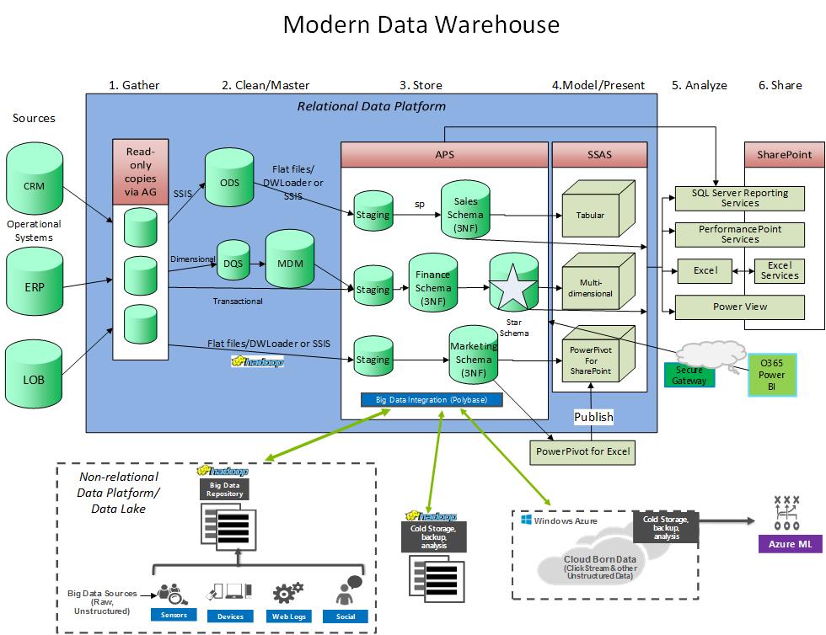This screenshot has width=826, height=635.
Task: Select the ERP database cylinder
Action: point(35,284)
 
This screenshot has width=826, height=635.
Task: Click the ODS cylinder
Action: point(228,182)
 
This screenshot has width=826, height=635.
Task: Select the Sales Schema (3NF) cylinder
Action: point(465,215)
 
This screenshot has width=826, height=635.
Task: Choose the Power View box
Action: point(739,307)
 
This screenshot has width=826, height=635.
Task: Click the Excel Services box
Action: point(780,270)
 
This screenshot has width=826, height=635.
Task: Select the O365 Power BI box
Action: point(772,374)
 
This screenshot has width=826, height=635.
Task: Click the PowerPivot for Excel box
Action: point(582,452)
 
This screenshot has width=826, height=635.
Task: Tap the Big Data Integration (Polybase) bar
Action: point(430,399)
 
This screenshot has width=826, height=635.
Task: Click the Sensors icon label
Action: point(174,616)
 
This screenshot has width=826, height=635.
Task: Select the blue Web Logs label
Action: point(286,616)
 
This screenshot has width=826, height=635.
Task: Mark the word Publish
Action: point(593,417)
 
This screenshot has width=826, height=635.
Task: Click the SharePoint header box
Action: point(784,155)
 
